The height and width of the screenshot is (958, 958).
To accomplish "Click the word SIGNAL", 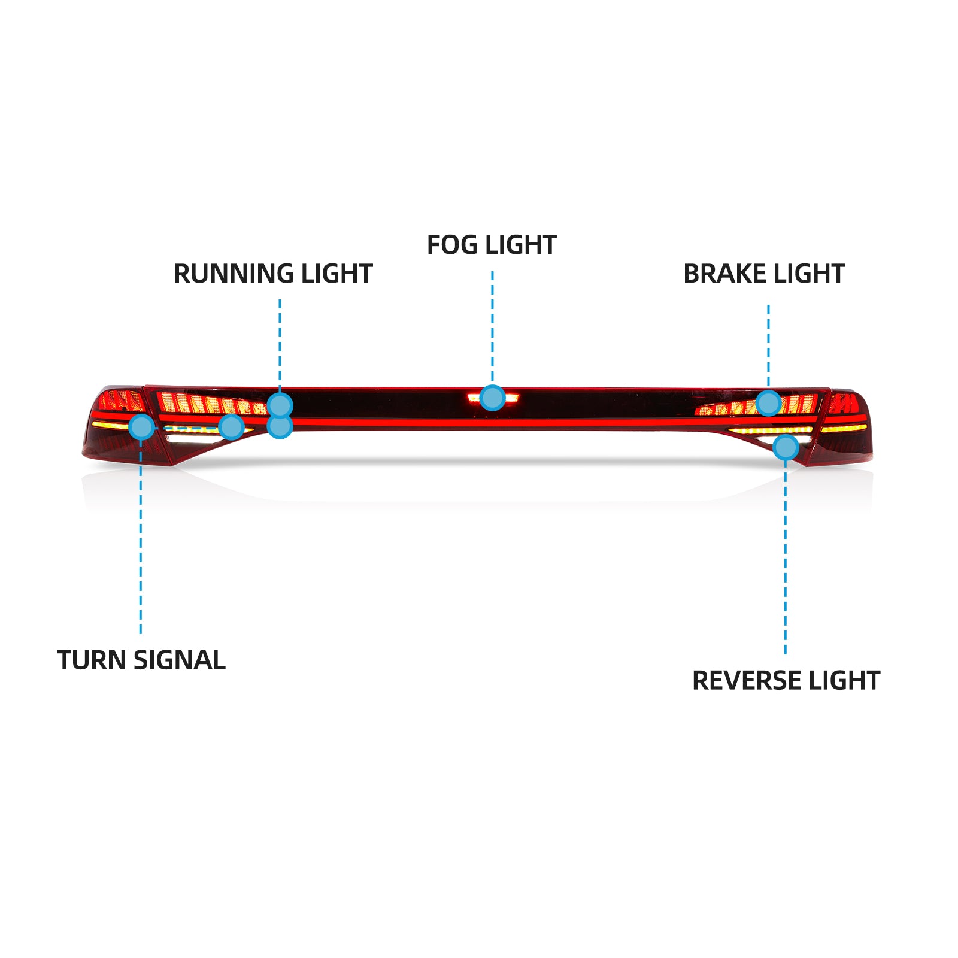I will pyautogui.click(x=179, y=660).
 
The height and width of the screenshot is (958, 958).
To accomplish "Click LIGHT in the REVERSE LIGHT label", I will pyautogui.click(x=844, y=681).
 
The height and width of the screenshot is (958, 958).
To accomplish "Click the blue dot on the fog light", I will pyautogui.click(x=492, y=398).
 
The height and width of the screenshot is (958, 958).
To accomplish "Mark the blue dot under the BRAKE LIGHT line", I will pyautogui.click(x=768, y=403).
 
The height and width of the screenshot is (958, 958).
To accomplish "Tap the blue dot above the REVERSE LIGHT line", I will pyautogui.click(x=786, y=447).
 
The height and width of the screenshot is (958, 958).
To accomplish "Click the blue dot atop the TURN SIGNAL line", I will pyautogui.click(x=141, y=426).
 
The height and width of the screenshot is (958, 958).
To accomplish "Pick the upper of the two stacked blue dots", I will pyautogui.click(x=280, y=405).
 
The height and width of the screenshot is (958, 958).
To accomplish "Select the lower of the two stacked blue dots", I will pyautogui.click(x=280, y=426).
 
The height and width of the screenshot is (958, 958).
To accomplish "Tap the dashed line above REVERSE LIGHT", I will pyautogui.click(x=785, y=557).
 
